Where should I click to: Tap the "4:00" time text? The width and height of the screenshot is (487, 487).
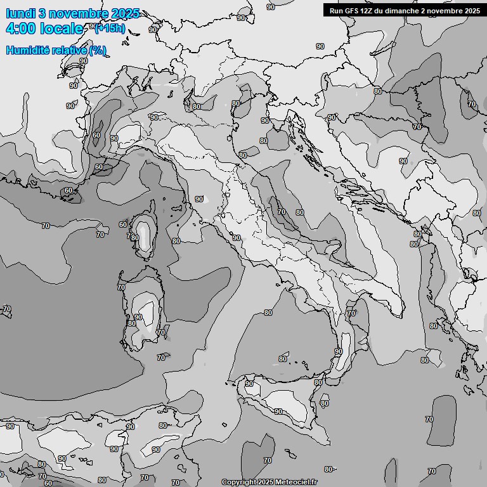point(21,29)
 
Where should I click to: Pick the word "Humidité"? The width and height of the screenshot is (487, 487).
point(27,51)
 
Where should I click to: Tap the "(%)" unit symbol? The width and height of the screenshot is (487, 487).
point(98,51)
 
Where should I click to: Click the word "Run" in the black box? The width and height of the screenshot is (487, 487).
point(337,11)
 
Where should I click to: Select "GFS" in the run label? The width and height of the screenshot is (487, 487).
point(353,11)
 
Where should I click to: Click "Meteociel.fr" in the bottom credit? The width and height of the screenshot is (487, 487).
point(297,483)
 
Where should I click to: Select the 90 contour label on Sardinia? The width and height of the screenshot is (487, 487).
point(138,317)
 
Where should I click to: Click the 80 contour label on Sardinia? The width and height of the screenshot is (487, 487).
point(132,323)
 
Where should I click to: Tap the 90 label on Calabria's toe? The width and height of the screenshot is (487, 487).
point(339,351)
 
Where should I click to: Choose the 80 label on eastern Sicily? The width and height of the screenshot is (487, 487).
point(325,403)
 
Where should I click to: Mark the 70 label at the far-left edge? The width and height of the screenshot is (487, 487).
point(7,309)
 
